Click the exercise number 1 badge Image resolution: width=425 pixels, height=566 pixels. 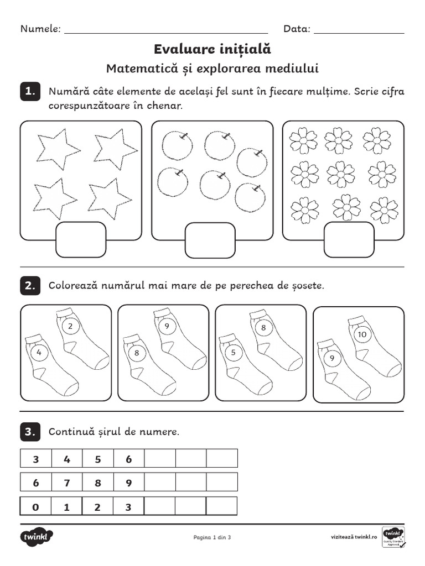(x=30, y=91)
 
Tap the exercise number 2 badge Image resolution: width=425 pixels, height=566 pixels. (x=30, y=286)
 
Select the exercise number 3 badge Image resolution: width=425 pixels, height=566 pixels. (x=30, y=432)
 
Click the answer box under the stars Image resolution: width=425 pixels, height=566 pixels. (x=81, y=239)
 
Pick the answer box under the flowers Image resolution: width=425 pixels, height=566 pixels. (x=341, y=239)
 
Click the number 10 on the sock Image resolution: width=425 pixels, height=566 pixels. (x=362, y=334)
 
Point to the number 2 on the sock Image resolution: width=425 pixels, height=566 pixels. (x=70, y=327)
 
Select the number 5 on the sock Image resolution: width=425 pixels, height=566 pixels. (x=234, y=352)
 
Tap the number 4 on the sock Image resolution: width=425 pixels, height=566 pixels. (x=39, y=352)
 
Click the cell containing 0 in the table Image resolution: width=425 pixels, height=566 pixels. (x=36, y=506)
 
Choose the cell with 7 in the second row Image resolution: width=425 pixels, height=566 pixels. (x=67, y=483)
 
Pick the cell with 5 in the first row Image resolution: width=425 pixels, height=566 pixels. (x=98, y=459)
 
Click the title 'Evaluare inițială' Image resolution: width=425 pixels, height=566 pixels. (x=212, y=49)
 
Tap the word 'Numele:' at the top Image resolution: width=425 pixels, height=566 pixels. (x=40, y=29)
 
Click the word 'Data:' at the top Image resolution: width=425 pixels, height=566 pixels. (x=297, y=29)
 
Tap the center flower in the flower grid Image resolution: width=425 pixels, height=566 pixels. (x=341, y=174)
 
